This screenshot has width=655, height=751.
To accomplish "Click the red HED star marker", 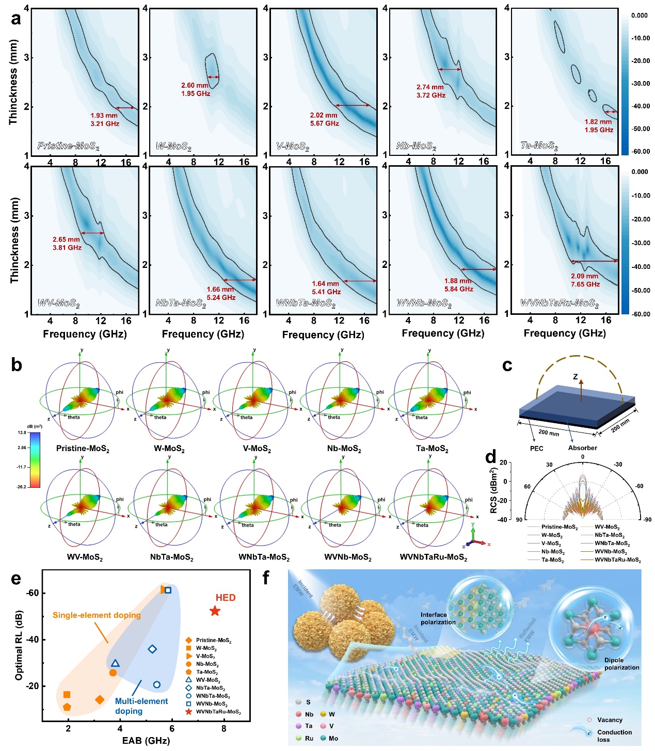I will (x=215, y=611).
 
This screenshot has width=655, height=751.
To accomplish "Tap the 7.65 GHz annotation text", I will (x=585, y=284).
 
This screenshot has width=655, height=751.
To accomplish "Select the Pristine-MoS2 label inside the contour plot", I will (x=68, y=146).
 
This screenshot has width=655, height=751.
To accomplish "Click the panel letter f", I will (x=266, y=578).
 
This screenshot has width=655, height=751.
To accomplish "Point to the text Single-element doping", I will (x=97, y=615).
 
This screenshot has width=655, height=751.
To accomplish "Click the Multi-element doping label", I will (x=141, y=706).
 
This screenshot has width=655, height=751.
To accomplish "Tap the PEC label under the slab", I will (x=537, y=449).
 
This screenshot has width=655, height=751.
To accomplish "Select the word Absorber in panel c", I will (x=582, y=448).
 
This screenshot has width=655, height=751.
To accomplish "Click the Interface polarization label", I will (x=438, y=618).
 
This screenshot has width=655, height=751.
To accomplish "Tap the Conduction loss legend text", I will (x=614, y=736).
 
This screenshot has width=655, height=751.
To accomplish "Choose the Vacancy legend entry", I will (x=610, y=720).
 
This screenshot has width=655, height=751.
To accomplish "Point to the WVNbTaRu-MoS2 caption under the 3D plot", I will (x=434, y=558).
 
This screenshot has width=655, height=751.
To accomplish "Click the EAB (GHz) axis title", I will (x=146, y=741).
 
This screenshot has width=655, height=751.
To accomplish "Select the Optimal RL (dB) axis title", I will (x=19, y=645).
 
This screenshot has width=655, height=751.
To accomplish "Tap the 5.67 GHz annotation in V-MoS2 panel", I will (x=324, y=124).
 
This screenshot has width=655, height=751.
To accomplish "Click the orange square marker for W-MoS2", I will (x=67, y=695).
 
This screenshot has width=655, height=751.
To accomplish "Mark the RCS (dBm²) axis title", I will (x=493, y=490).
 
